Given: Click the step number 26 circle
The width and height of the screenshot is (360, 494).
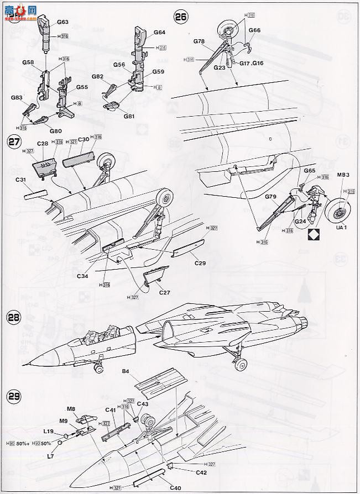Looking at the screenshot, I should click(181, 16).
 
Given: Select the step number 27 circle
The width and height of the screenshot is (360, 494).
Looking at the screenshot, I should click(15, 141).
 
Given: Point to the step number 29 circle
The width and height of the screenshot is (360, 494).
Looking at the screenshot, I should click(14, 396).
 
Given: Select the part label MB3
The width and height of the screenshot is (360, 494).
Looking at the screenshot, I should click(343, 176).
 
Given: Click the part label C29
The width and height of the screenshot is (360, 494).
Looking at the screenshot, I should click(200, 263).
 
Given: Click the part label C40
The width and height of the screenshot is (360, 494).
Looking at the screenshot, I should click(175, 487).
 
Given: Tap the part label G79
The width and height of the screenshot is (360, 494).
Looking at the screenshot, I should click(271, 197).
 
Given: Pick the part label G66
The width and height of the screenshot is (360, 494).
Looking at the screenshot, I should click(254, 30).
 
